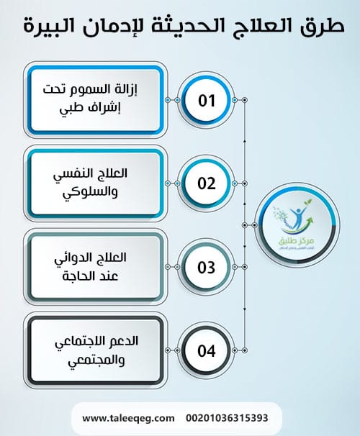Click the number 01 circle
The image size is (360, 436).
coord(207,100)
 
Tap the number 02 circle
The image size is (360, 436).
coord(207,183)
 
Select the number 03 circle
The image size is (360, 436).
coord(207,268)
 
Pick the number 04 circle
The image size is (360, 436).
coord(207,352)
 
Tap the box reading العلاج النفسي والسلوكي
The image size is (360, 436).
coord(93,183)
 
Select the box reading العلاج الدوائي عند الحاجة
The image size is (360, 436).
coord(93,268)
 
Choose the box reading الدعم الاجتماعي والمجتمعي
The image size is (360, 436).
coord(93,351)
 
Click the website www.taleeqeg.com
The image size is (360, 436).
coord(129,417)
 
